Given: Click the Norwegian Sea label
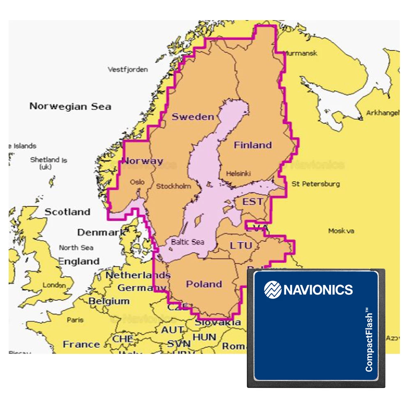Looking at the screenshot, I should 70,106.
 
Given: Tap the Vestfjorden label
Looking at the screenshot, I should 128,69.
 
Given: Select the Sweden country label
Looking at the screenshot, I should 193,117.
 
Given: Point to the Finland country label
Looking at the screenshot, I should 253,145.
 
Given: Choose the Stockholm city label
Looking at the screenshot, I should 173,186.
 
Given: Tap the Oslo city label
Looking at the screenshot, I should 137,182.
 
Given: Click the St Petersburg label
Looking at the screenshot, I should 316,184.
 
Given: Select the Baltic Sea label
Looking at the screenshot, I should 187,242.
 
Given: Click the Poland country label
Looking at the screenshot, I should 204,284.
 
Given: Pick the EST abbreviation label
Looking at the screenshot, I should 253,202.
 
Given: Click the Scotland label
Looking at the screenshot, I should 67,212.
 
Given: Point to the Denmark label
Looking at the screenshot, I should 102,233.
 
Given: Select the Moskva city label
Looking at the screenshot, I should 341,231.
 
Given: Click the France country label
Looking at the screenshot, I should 81,344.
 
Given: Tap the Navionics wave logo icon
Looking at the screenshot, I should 272,289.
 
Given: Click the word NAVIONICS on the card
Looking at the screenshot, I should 318,290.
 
